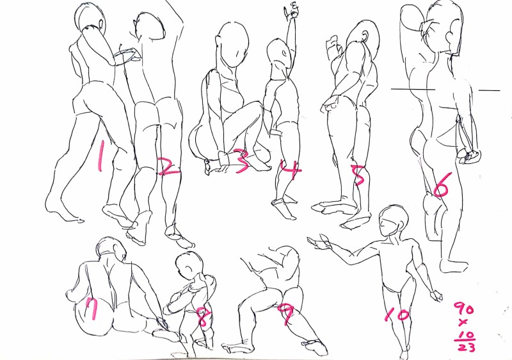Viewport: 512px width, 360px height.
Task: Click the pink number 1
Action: (100, 156)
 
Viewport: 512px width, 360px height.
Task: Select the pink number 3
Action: (242, 161)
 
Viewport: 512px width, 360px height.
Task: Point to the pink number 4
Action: (292, 169)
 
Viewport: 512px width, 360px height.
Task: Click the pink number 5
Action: (358, 175)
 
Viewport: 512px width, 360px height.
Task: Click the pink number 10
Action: (396, 315)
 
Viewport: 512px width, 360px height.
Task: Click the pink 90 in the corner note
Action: (464, 308)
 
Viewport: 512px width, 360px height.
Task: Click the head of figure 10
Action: (394, 221)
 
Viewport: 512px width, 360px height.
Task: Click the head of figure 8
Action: (189, 265)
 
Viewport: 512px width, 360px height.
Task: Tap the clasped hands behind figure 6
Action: (469, 155)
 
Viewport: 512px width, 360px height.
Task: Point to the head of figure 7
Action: (111, 250)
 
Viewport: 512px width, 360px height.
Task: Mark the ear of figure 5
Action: (365, 37)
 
